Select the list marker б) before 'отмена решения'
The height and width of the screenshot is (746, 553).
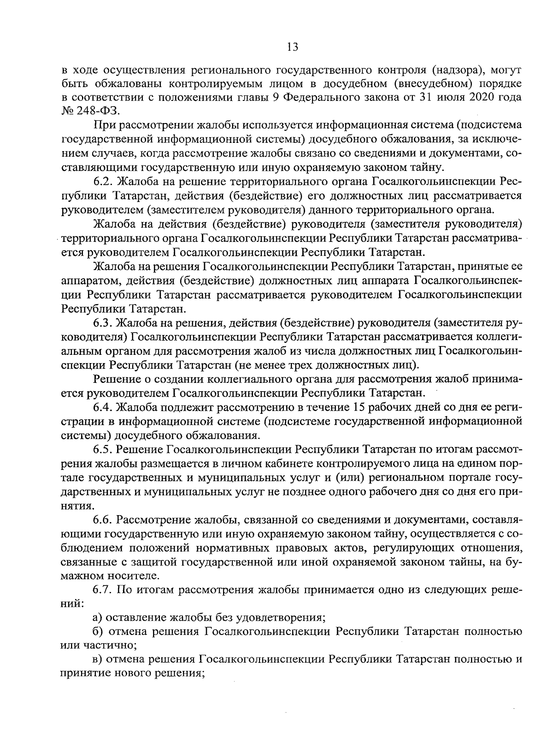point(97,631)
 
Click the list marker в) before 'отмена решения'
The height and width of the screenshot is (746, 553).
point(97,659)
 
